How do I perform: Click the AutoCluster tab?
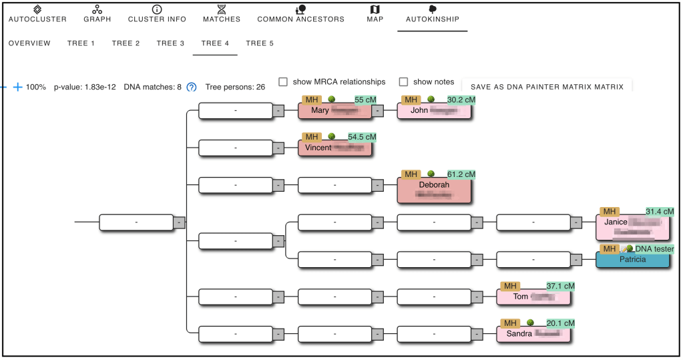[37, 14]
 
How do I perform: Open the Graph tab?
[97, 14]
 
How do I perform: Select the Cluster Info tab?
[157, 14]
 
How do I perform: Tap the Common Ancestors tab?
[300, 14]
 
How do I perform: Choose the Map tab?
[375, 14]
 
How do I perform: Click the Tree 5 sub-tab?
[260, 43]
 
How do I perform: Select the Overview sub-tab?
[29, 43]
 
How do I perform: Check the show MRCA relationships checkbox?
[283, 82]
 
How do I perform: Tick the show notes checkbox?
[403, 82]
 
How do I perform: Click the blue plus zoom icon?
[17, 87]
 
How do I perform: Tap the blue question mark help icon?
[192, 87]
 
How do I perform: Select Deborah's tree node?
[434, 190]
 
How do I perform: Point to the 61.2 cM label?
[461, 174]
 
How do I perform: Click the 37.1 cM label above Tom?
[560, 286]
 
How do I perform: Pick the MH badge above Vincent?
[311, 137]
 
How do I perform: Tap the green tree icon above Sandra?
[529, 323]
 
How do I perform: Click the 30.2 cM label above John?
[461, 100]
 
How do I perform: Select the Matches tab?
[222, 14]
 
